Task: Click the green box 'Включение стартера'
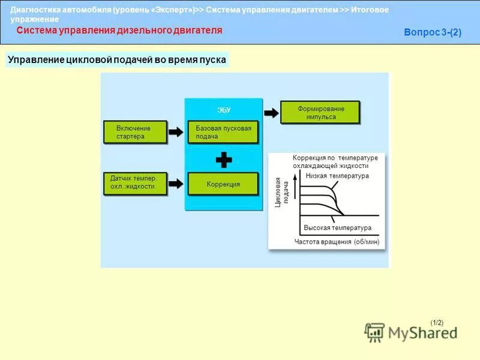[x=133, y=132]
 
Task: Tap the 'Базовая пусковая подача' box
[x=223, y=132]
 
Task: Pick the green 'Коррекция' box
[x=223, y=184]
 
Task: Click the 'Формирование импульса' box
[x=320, y=112]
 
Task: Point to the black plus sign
[x=223, y=160]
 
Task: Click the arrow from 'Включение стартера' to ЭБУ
[x=176, y=132]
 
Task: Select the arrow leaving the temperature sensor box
[x=176, y=183]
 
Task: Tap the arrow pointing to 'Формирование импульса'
[x=271, y=112]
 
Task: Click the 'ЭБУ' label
[x=223, y=110]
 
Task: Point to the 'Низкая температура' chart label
[x=337, y=176]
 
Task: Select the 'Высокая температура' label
[x=338, y=228]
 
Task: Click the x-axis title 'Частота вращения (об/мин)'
[x=337, y=241]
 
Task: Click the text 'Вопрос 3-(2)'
[x=433, y=33]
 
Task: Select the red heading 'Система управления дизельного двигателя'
[x=119, y=30]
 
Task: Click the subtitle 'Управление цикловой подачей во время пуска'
[x=117, y=61]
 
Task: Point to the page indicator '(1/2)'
[x=437, y=322]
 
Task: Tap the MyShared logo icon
[x=375, y=332]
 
